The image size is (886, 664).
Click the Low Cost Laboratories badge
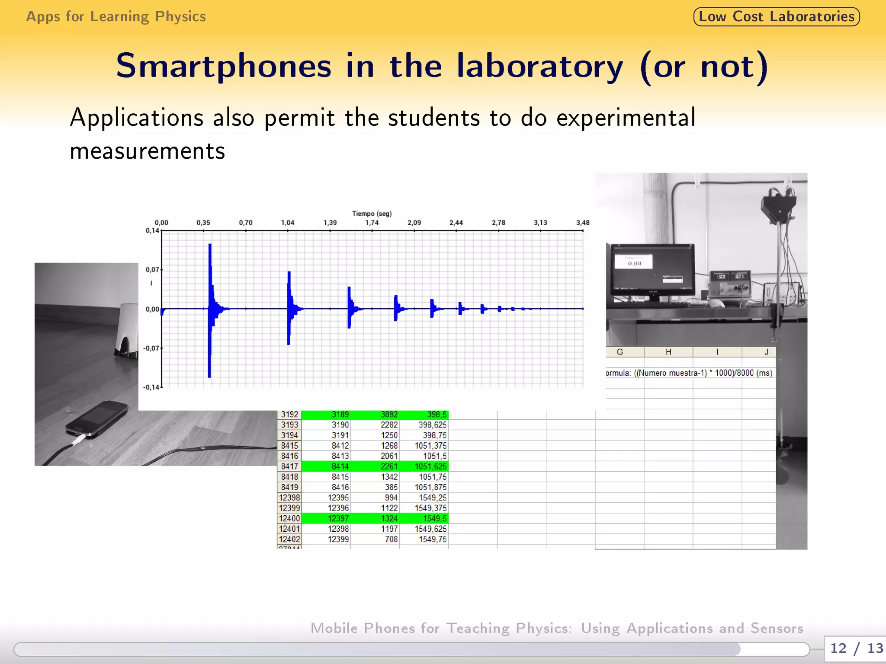click(x=776, y=17)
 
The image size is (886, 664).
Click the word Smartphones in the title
click(x=223, y=66)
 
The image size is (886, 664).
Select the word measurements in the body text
click(x=148, y=151)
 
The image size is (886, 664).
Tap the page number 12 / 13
click(x=856, y=648)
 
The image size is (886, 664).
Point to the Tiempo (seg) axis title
click(x=372, y=214)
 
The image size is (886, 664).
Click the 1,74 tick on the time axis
click(x=372, y=223)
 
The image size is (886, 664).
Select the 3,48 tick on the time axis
click(x=582, y=223)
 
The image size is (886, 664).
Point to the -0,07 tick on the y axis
click(x=151, y=348)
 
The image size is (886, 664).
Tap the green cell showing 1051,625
click(x=430, y=466)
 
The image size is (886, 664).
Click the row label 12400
click(x=289, y=518)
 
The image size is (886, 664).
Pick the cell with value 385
click(x=391, y=487)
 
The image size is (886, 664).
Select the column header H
click(x=668, y=352)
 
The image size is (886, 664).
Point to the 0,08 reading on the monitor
click(x=634, y=263)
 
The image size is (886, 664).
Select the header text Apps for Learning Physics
click(x=116, y=17)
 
